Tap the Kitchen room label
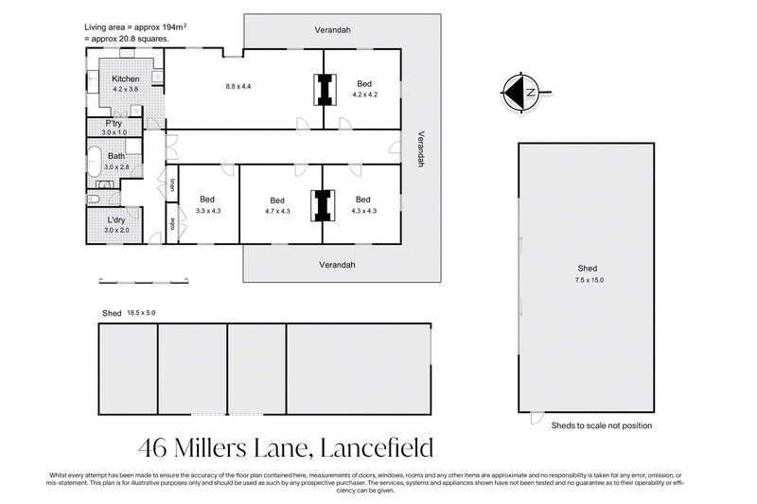126,78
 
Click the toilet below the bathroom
93,199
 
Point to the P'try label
114,124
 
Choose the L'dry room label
115,222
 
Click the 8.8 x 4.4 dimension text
238,86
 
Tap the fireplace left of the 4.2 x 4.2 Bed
324,90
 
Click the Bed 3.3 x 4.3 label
208,204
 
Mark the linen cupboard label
172,185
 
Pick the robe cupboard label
172,224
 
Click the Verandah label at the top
333,30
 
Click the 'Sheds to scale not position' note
601,426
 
